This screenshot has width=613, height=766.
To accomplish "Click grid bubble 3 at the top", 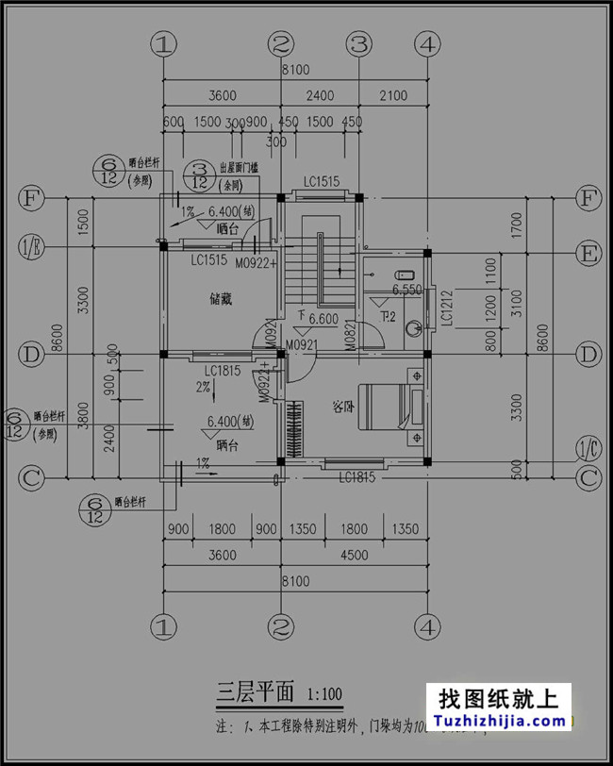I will (x=359, y=43).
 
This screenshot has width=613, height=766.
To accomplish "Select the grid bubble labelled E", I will (x=589, y=253).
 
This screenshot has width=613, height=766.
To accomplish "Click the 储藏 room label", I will (x=221, y=300).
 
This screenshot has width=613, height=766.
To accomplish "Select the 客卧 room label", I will (x=343, y=408).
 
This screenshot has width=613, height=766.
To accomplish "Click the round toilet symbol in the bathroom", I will (x=412, y=328).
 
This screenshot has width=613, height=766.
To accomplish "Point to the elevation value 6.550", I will (x=406, y=289).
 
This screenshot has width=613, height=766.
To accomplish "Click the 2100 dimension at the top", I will (x=393, y=95).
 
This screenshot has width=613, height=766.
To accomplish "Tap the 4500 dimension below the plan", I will (x=354, y=556).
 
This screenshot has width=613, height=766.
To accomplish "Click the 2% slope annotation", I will (x=203, y=387).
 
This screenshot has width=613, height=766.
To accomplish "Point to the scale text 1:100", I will (x=324, y=697).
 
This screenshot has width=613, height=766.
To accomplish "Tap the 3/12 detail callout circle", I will (x=199, y=175).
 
